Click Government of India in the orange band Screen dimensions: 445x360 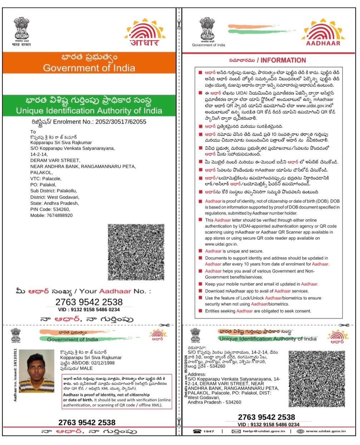point(89,68)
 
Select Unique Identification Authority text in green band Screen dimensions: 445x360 point(89,110)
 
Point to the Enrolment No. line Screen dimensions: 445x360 point(89,122)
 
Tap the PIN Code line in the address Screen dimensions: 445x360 point(50,209)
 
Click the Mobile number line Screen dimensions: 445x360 point(51,215)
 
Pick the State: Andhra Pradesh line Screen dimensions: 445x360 point(54,203)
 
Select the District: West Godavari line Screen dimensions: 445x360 point(55,197)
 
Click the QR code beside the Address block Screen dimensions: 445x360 point(317,379)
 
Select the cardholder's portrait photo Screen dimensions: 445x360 point(35,371)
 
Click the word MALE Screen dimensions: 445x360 point(86,368)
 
